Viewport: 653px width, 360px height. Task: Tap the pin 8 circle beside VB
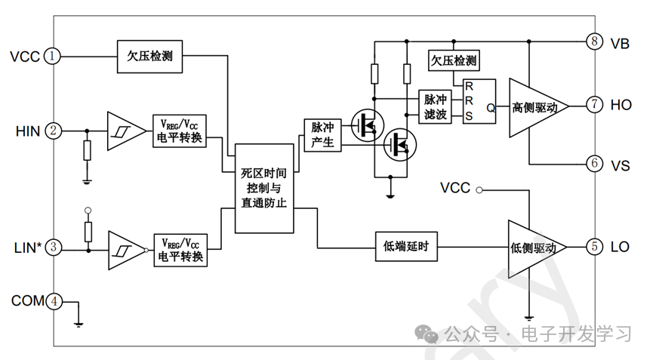point(595,42)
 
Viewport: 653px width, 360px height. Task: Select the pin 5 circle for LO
point(595,247)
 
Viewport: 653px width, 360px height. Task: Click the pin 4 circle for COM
point(53,301)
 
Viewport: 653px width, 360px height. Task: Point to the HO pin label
point(621,106)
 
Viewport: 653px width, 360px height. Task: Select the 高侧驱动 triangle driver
point(536,107)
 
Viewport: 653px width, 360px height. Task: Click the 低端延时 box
point(406,247)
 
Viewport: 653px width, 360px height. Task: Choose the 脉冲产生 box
point(322,134)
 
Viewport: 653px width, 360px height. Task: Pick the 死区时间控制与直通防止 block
point(263,188)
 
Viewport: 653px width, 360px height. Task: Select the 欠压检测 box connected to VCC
point(149,56)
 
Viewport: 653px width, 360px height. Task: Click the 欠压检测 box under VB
point(453,60)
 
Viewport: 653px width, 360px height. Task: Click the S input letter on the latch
point(469,115)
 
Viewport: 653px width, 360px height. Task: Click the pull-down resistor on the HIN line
point(88,151)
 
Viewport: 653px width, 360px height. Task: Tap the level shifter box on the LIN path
point(180,248)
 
